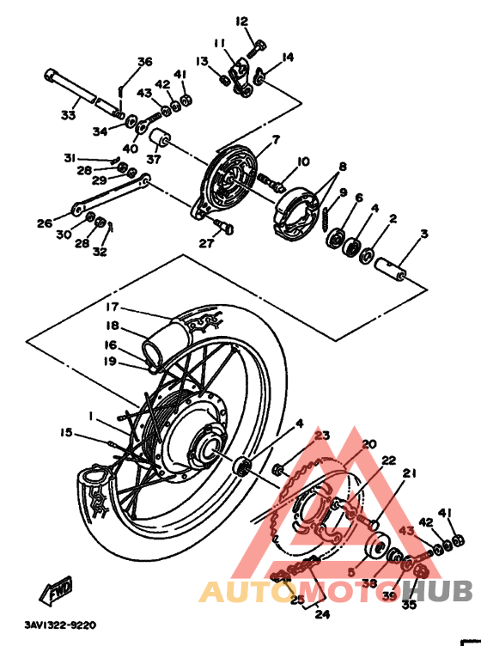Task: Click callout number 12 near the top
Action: pos(241,21)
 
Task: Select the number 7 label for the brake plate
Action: pos(276,139)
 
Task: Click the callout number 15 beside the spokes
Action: pos(66,432)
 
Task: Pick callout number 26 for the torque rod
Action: pos(45,223)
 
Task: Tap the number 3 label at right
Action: pos(423,233)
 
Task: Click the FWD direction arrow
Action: pos(57,593)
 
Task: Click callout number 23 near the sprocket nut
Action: pos(321,436)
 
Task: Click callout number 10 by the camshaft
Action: pos(302,162)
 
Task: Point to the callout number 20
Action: pos(369,444)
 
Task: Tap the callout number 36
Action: pos(144,61)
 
